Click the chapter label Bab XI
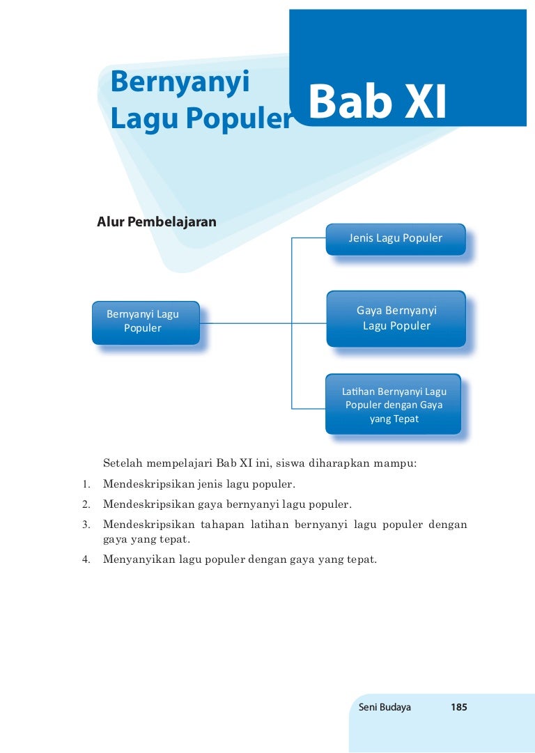tap(377, 102)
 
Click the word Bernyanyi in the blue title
tap(180, 83)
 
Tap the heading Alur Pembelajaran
tap(157, 222)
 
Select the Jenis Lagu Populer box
tap(395, 238)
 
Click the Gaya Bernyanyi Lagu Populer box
tap(396, 318)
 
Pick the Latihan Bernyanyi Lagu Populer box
tap(394, 405)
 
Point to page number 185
tap(458, 707)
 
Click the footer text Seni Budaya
tap(385, 707)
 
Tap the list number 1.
tap(86, 483)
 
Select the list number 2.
tap(86, 503)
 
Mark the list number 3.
tap(86, 524)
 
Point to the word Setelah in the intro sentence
tap(123, 463)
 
